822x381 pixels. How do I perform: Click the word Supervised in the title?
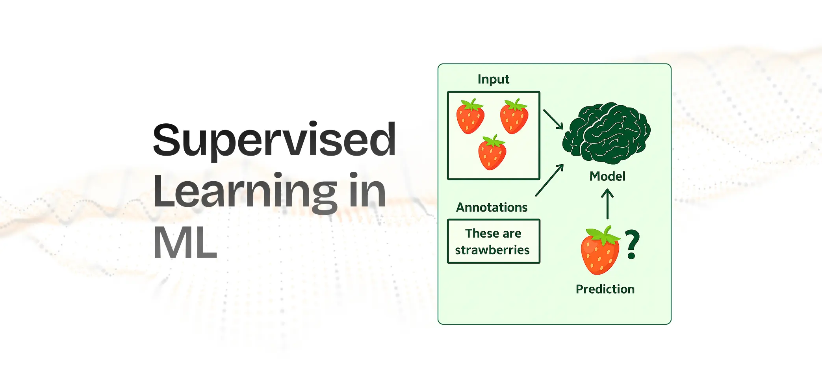[274, 141]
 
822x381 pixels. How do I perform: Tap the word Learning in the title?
[244, 192]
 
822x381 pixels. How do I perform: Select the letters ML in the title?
[185, 243]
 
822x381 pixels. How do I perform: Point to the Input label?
[493, 80]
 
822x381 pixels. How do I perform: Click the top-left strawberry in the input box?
[470, 117]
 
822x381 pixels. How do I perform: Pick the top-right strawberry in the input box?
[514, 117]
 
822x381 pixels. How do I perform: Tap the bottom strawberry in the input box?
[492, 153]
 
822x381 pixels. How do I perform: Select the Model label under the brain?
[607, 177]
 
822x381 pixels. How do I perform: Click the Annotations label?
[492, 208]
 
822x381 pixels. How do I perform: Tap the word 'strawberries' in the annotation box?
[492, 250]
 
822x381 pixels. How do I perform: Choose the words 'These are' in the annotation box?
[493, 233]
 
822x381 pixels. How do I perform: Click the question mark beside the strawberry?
[632, 245]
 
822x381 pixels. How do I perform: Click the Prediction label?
[605, 289]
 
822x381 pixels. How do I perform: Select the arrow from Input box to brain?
[553, 119]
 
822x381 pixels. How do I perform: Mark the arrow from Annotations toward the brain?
[549, 180]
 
